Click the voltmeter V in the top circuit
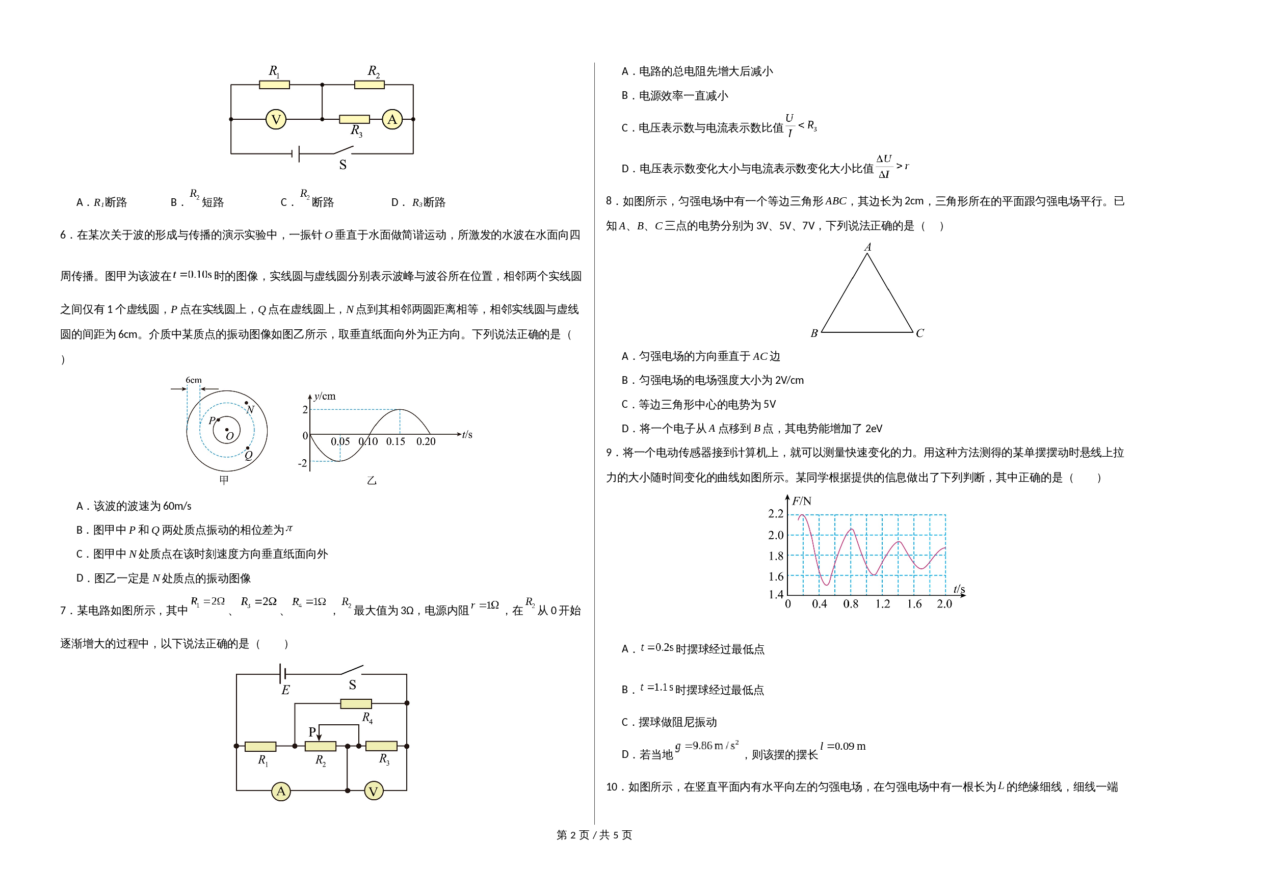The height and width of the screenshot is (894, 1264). click(276, 119)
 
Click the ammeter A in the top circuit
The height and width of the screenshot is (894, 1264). click(392, 119)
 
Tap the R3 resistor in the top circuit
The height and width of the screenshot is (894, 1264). click(354, 119)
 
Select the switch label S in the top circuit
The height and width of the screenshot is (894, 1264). click(343, 165)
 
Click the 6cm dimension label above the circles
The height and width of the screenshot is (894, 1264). click(194, 380)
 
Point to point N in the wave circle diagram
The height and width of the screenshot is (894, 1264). click(246, 403)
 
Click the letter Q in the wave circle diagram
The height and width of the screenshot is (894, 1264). click(248, 455)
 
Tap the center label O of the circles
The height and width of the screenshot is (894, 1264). click(230, 436)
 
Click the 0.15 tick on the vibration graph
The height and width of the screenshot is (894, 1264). click(396, 441)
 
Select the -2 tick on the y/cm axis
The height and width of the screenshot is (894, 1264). click(302, 463)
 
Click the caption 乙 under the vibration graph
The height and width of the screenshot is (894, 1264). click(372, 481)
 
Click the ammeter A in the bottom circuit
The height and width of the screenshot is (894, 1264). click(281, 791)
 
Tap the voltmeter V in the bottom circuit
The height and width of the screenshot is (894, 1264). click(374, 791)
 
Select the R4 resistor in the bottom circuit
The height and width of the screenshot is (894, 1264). click(356, 703)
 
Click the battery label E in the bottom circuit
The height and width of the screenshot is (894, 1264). click(285, 690)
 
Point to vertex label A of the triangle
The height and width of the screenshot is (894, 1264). click(867, 247)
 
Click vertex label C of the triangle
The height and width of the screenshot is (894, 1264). click(920, 333)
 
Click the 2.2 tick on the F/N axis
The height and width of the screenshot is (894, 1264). click(776, 514)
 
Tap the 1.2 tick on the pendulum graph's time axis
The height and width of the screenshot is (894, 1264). click(882, 604)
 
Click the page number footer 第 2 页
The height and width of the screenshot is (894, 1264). click(573, 835)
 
